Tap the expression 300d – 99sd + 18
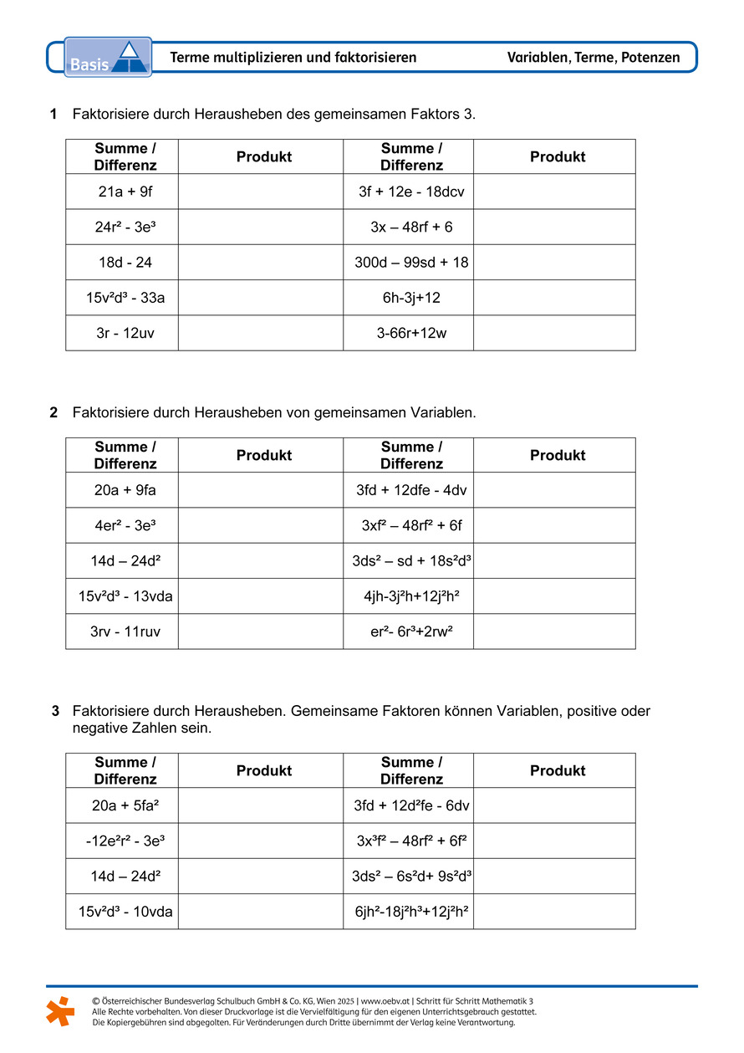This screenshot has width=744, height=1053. [x=411, y=262]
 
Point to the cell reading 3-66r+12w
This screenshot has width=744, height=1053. [x=411, y=333]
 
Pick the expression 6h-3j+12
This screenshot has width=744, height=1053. [x=411, y=298]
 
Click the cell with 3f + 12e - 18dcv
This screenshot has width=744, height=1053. [x=411, y=192]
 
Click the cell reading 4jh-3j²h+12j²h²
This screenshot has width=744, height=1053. [x=411, y=596]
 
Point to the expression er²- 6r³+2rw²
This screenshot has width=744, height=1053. [x=411, y=631]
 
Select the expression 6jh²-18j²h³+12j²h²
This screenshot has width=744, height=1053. [x=411, y=912]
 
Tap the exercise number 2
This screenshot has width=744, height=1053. [x=54, y=412]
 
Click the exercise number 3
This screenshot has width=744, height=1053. [x=55, y=712]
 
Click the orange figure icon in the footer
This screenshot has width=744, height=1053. [x=59, y=1011]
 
